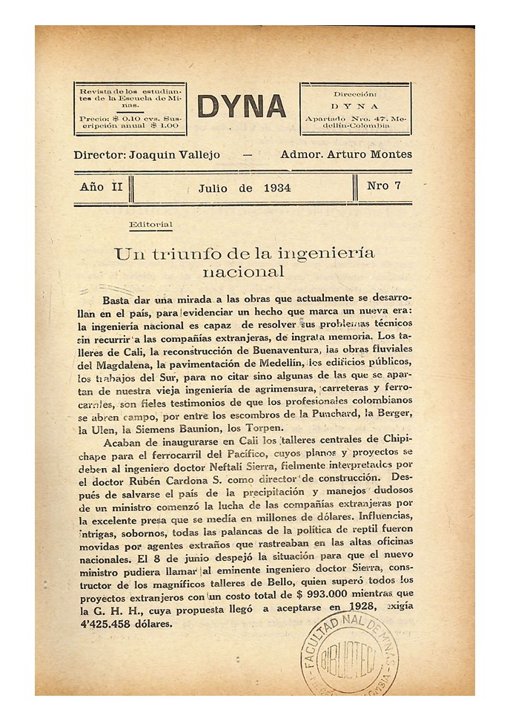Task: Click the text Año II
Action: coord(101,187)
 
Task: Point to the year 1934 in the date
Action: coord(276,188)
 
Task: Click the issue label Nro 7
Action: coord(383,186)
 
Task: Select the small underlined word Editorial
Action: coord(150,225)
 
